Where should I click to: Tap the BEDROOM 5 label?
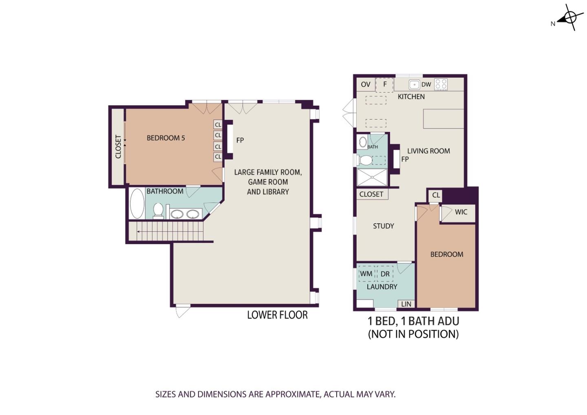tap(166, 138)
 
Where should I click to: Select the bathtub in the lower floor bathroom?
tap(137, 203)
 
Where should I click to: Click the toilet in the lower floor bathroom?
tap(158, 211)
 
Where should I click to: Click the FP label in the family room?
tap(240, 140)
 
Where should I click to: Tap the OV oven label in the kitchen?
tap(366, 84)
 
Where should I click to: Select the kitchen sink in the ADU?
tap(414, 85)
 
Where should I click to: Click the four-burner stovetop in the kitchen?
tap(441, 84)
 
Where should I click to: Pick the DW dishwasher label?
tap(426, 84)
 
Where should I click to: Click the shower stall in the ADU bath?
tap(372, 178)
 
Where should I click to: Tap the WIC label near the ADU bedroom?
tap(461, 212)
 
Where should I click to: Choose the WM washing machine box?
tap(366, 274)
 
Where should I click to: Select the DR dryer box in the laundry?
tap(385, 274)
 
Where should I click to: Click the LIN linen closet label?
tap(406, 304)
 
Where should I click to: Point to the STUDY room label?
tap(383, 226)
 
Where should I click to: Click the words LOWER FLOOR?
tap(277, 315)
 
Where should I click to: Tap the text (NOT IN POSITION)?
tap(413, 334)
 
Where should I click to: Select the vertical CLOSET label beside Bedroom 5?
tap(118, 147)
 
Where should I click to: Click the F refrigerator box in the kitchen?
tap(385, 85)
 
